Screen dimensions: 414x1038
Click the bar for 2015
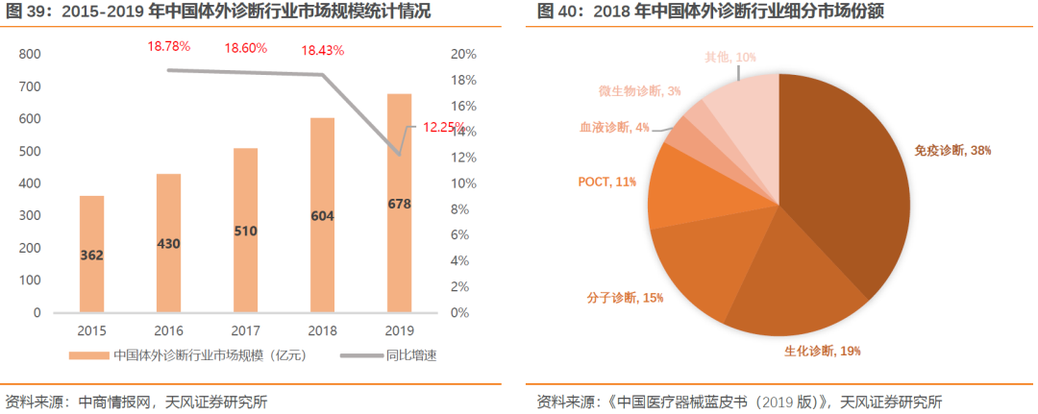[92, 255]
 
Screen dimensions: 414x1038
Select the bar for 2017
[246, 231]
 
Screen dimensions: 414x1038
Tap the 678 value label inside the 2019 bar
[400, 204]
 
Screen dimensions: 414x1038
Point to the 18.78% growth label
[169, 46]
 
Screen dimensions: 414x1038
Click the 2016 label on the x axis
[169, 329]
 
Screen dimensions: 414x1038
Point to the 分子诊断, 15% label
[626, 298]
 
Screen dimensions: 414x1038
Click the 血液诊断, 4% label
[614, 127]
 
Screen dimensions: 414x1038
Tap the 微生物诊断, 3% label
[639, 90]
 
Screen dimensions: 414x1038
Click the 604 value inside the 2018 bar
[323, 216]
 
